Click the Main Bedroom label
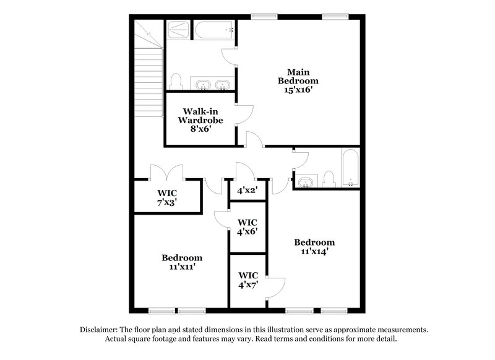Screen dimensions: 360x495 [298, 75]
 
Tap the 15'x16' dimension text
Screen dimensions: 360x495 [298, 89]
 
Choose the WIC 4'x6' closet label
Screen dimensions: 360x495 [247, 226]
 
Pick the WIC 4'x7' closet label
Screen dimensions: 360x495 [247, 280]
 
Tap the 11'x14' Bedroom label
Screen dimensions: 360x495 [314, 246]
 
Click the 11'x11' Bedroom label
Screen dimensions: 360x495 [182, 262]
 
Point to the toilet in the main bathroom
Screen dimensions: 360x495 [176, 81]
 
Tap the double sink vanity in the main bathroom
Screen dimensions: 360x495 [212, 84]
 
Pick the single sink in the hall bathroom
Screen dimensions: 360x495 [306, 182]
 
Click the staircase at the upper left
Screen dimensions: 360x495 [149, 62]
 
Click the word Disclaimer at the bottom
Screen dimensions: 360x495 [100, 330]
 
